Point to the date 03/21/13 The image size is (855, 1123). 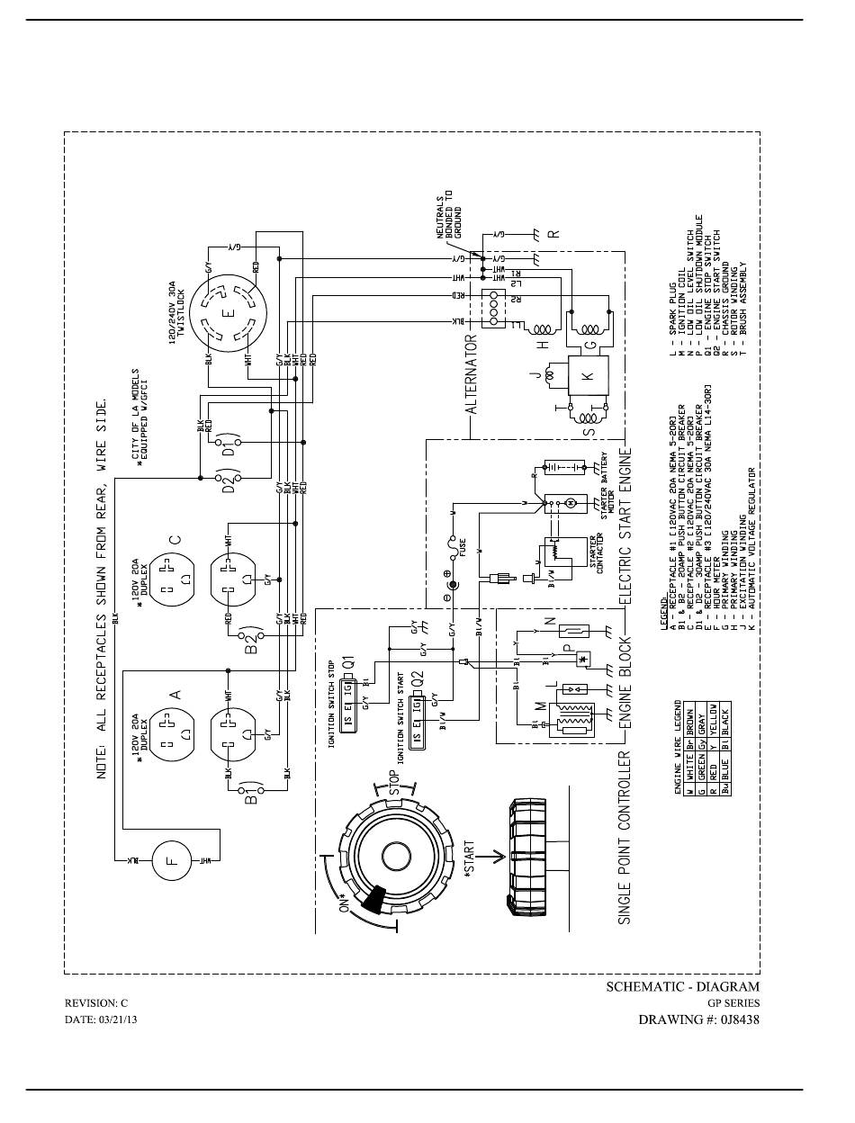[x=101, y=1020]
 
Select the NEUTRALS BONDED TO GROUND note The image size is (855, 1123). [x=449, y=214]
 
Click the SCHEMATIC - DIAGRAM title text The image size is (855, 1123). [x=682, y=987]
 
